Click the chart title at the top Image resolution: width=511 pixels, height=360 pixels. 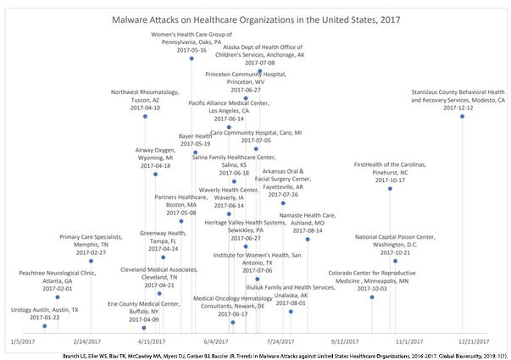click(255, 17)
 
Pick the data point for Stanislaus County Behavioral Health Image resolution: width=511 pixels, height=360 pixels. click(463, 116)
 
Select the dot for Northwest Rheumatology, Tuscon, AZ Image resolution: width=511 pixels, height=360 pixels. click(145, 117)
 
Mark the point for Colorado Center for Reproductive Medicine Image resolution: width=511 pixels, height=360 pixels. click(372, 297)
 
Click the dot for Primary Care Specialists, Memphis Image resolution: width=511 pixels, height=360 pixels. click(91, 261)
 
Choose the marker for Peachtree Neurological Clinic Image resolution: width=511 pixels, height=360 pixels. click(57, 297)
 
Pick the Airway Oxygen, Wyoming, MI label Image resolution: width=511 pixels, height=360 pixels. click(154, 158)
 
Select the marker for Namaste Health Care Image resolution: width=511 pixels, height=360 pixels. click(308, 240)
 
